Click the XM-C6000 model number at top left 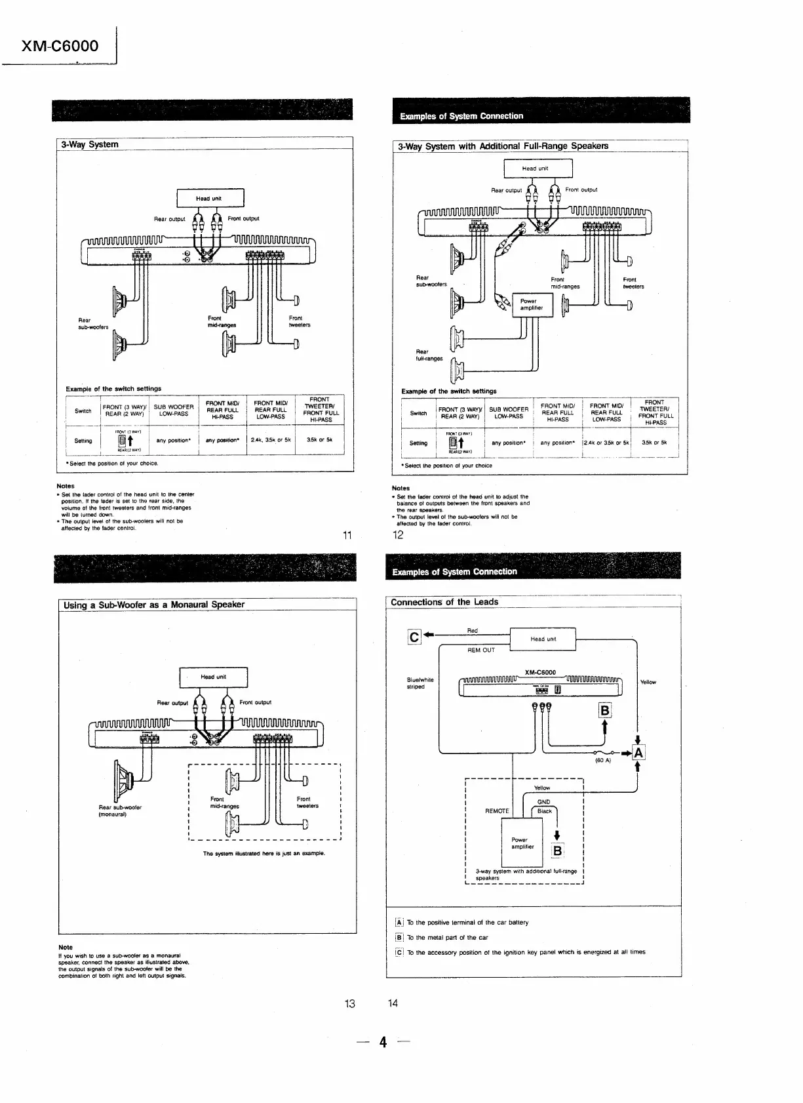(x=60, y=45)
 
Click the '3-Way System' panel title (x=90, y=144)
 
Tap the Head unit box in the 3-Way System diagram (x=210, y=198)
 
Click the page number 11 (x=347, y=536)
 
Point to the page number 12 (x=398, y=535)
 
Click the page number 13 (x=349, y=1003)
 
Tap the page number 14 (x=393, y=1003)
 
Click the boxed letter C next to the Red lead (x=414, y=637)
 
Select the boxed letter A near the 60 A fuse (x=638, y=753)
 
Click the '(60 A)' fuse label (x=602, y=761)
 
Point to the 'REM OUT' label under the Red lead (x=481, y=650)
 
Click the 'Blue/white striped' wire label (x=420, y=683)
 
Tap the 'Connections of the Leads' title (x=444, y=602)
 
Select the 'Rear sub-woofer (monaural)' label (x=120, y=811)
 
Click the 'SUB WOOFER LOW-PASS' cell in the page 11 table (x=174, y=411)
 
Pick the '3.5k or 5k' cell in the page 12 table (x=654, y=443)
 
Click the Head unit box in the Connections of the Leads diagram (x=543, y=639)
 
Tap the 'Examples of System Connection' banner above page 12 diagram (x=461, y=116)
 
